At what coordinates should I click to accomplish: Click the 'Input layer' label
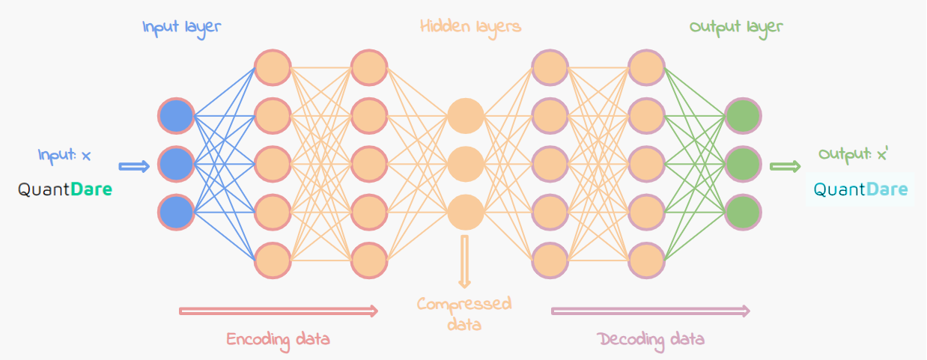pos(182,28)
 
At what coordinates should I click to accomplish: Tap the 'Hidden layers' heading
pos(470,28)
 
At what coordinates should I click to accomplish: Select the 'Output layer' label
pos(736,28)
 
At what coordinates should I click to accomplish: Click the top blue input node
pos(177,117)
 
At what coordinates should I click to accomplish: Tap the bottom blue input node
pos(177,212)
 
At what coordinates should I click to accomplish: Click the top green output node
pos(743,117)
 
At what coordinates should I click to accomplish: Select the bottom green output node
pos(743,212)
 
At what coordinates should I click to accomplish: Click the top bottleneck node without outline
pos(465,117)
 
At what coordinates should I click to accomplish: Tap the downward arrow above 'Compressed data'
pos(465,261)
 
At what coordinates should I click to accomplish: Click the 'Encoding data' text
pos(279,339)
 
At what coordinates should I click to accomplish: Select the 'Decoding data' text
pos(651,339)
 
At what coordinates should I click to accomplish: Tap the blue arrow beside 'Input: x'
pos(134,166)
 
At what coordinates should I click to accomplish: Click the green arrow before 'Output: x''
pos(785,166)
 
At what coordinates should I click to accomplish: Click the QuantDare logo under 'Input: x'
pos(65,190)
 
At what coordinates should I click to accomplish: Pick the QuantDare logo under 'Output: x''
pos(860,190)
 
